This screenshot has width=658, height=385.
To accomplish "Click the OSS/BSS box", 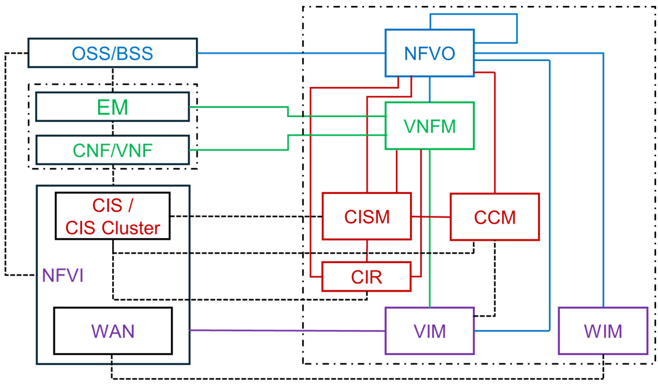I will [x=112, y=53].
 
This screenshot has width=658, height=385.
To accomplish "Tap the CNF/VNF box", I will [x=112, y=150].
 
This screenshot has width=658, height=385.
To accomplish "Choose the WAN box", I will [x=112, y=331].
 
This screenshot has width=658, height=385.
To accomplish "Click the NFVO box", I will [x=430, y=53].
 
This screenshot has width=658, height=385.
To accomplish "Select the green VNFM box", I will [x=430, y=126].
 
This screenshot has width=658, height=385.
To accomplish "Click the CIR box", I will [x=366, y=277].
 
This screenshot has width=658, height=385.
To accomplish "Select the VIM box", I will [x=430, y=331].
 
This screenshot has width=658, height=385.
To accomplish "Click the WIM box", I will [x=603, y=331].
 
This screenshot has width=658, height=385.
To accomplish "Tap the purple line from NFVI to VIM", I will [x=287, y=330].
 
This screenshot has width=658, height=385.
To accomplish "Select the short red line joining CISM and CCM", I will [x=431, y=217].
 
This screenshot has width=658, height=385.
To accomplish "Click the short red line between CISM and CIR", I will [x=367, y=251].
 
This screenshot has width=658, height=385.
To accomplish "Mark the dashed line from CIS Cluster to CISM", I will [x=245, y=216].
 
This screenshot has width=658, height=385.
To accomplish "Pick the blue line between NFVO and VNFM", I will [x=430, y=89].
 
